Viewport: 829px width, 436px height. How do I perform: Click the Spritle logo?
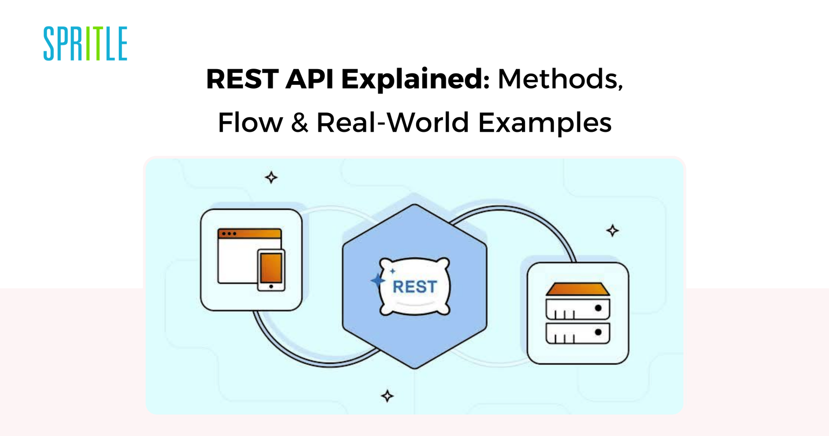coord(85,43)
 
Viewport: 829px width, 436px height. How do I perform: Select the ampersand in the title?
coord(299,123)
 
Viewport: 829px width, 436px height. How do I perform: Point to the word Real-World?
coord(392,123)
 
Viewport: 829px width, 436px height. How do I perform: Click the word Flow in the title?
coord(250,123)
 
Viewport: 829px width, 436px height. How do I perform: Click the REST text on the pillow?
coord(414,287)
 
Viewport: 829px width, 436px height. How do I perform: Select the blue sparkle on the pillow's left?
coord(377,280)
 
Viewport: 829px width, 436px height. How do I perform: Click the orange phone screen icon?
coord(271,267)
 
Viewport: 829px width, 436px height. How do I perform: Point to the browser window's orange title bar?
coord(249,234)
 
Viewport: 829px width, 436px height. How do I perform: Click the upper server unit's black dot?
coord(598,308)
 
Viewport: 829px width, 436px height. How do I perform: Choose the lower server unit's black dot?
coord(598,332)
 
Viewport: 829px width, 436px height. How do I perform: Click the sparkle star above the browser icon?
coord(271,177)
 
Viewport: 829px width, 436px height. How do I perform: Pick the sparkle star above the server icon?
coord(612,231)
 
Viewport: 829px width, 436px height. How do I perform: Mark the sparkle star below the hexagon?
coord(387,396)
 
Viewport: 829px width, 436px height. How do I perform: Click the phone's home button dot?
coord(271,286)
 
